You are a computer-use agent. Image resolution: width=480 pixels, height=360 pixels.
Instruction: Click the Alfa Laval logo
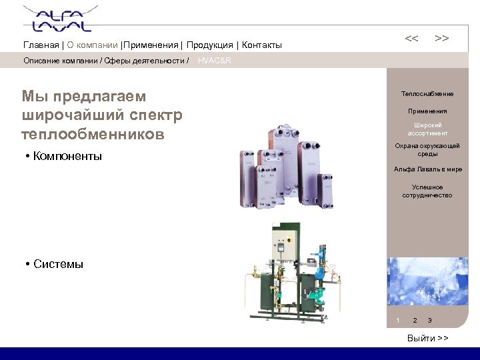point(57,19)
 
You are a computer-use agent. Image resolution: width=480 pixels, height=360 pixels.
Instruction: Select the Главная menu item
point(41,45)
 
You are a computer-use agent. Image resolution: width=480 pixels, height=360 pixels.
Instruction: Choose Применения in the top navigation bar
point(151,45)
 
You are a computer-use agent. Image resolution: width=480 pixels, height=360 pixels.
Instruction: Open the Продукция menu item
point(209,45)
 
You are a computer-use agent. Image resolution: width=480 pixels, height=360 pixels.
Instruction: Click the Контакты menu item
point(262,45)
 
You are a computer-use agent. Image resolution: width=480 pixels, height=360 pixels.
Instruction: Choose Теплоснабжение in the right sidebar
point(427,94)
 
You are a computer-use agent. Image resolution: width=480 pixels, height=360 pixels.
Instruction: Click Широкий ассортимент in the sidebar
point(427,129)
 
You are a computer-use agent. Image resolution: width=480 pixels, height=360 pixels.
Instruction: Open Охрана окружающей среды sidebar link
point(427,149)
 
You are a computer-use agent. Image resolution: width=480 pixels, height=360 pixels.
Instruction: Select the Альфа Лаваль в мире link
point(427,169)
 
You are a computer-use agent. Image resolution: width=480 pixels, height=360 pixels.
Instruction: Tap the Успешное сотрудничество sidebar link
point(427,191)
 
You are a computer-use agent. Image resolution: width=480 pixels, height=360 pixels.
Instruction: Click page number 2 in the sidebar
point(415,321)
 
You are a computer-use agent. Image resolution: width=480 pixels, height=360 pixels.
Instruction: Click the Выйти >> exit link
point(427,339)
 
